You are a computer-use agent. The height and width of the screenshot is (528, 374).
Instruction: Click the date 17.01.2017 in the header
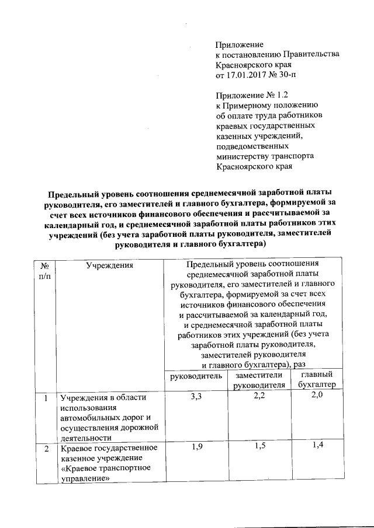coord(245,76)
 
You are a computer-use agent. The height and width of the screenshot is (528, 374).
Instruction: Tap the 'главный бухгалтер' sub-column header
coord(316,380)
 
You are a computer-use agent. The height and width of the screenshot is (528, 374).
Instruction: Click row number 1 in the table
coord(45,398)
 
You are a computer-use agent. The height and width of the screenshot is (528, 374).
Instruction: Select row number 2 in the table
coord(45,448)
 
